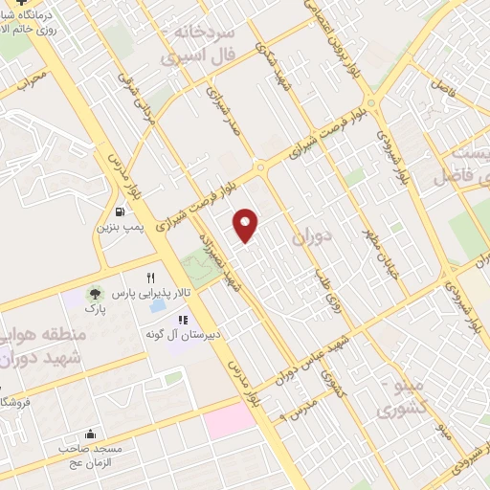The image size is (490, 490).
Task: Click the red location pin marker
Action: [x=247, y=226]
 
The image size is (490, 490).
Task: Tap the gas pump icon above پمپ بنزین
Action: [x=119, y=212]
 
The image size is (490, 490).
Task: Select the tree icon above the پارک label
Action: [x=94, y=293]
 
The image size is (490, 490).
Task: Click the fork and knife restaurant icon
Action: [x=150, y=278]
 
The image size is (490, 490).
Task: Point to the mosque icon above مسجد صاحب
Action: [x=90, y=433]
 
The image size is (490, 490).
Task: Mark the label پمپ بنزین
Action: [x=119, y=229]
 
